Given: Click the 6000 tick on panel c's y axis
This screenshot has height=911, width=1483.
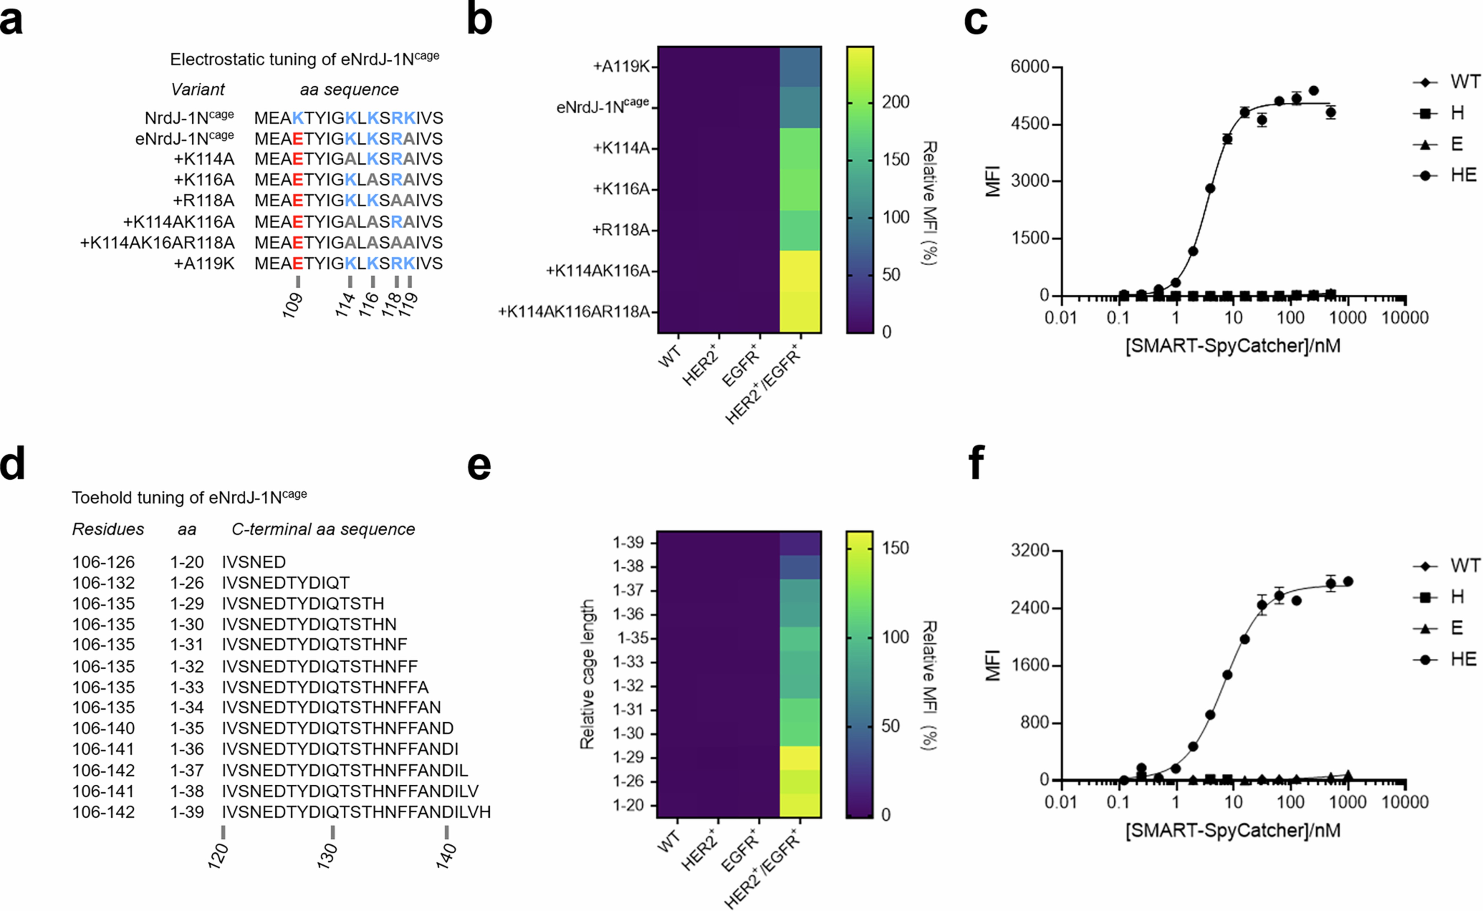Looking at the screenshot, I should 1030,67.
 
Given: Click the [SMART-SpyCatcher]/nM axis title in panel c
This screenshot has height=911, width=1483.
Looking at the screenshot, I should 1232,346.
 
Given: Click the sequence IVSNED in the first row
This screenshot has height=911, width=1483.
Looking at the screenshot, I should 254,562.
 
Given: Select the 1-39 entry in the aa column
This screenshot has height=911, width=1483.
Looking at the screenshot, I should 187,812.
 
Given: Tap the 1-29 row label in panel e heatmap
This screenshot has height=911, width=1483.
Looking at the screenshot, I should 628,757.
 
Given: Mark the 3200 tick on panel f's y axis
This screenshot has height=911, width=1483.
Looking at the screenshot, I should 1030,551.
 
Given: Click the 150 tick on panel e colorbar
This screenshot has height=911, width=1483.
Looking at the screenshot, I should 895,548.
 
